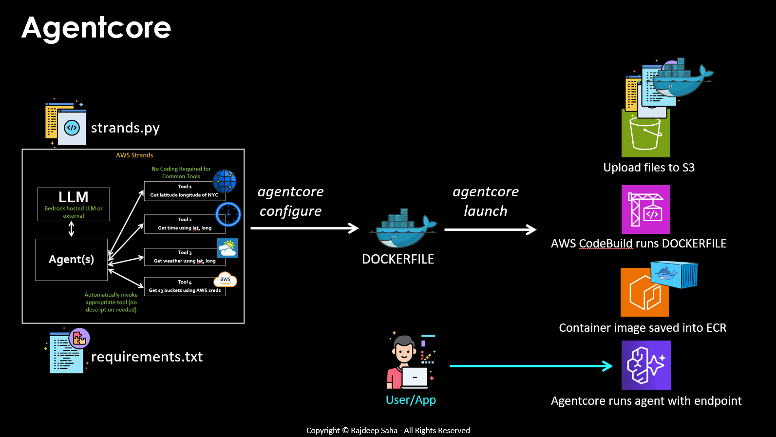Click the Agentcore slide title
(96, 28)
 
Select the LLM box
(74, 204)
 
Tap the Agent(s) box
(71, 259)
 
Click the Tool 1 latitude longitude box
(184, 191)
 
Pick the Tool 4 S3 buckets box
(184, 286)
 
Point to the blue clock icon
(228, 214)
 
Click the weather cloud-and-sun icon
(227, 248)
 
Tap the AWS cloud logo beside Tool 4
(225, 280)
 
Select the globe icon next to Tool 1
(225, 181)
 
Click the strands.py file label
(125, 128)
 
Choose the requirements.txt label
(147, 357)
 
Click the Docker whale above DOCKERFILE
(402, 228)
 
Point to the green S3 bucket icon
(645, 134)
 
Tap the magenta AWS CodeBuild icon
(645, 209)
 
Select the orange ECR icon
(644, 293)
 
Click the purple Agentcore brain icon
(646, 365)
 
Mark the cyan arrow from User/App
(530, 366)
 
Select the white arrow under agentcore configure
(304, 228)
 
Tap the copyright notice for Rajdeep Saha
(388, 431)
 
